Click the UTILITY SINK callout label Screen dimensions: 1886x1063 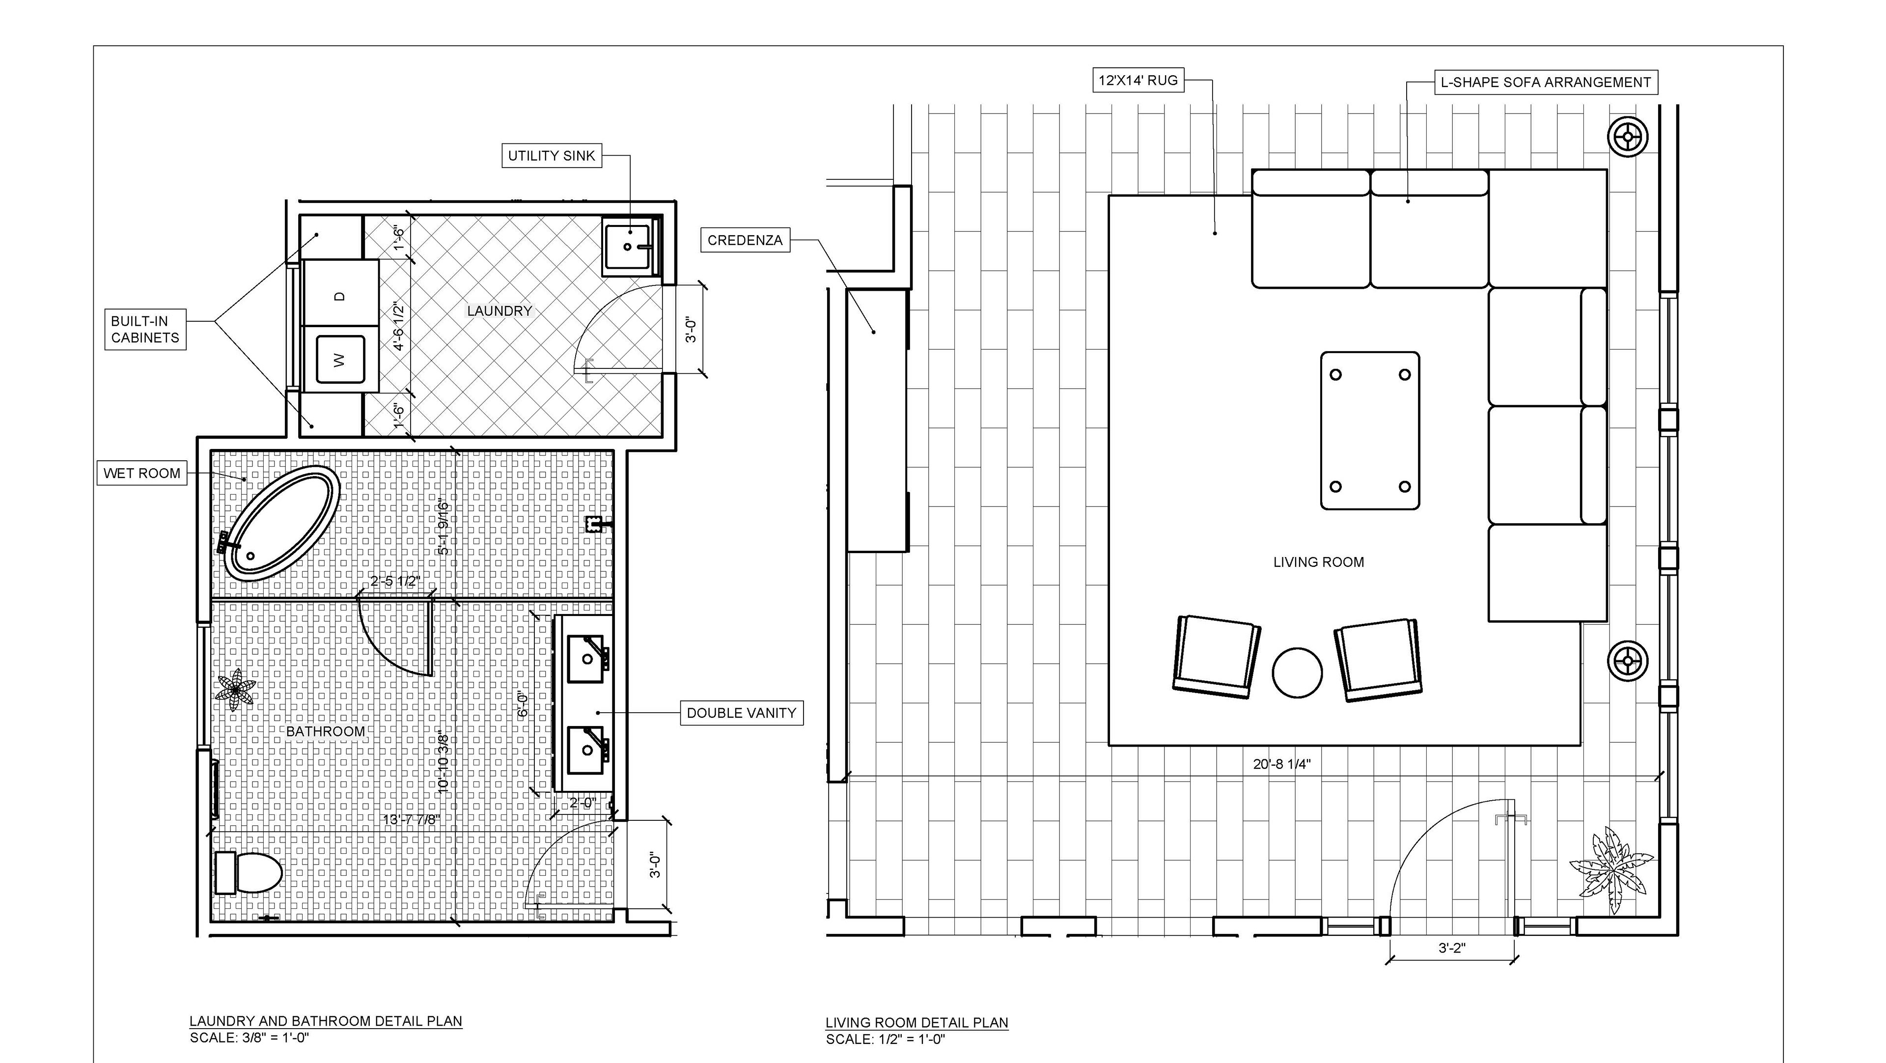coord(551,155)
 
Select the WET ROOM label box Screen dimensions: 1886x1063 coord(142,473)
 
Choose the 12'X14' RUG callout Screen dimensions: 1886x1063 coord(1138,80)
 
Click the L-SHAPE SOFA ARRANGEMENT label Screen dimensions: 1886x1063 coord(1546,82)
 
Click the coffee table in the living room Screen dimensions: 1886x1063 coord(1370,430)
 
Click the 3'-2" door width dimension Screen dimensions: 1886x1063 coord(1452,948)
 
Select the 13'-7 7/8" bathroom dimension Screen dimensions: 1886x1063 coord(412,819)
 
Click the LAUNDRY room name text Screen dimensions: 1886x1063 coord(499,311)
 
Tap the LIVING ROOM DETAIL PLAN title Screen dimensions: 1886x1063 coord(916,1023)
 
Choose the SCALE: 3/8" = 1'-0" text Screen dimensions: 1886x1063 coord(250,1037)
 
